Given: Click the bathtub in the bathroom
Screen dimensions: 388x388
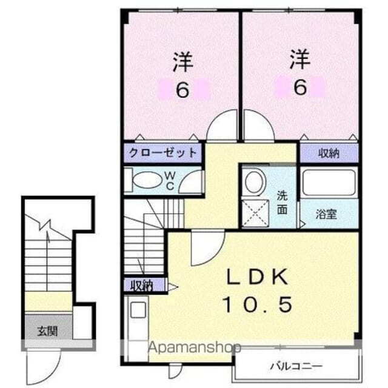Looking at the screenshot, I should pos(327,181).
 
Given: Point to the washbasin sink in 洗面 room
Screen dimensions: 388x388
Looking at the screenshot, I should pos(253,180).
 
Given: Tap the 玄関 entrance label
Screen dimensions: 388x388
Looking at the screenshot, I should pos(47,332).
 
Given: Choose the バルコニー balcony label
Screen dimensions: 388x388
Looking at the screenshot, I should pos(296,366).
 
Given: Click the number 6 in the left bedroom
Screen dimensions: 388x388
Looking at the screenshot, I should pos(182,90).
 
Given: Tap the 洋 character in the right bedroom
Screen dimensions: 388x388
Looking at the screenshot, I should pos(299,60).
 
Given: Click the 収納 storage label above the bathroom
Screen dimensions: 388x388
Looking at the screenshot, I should pos(328,153).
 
